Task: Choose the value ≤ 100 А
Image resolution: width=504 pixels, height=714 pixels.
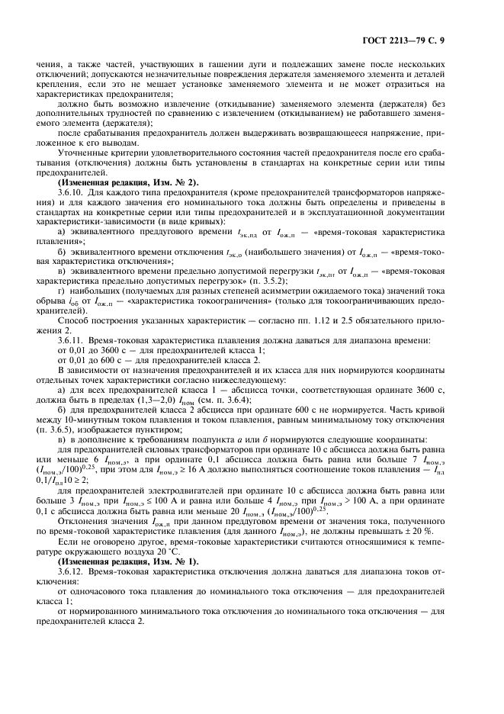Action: (154, 510)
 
